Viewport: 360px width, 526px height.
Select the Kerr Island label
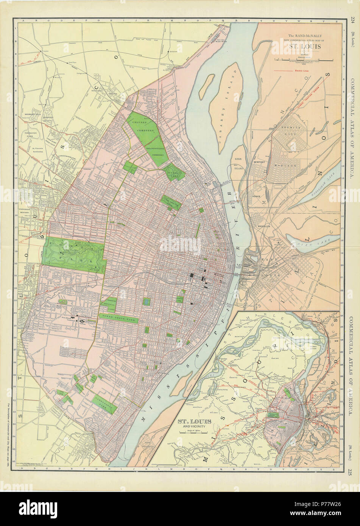pyautogui.click(x=238, y=162)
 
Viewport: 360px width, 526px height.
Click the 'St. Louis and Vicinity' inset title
pyautogui.click(x=192, y=423)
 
